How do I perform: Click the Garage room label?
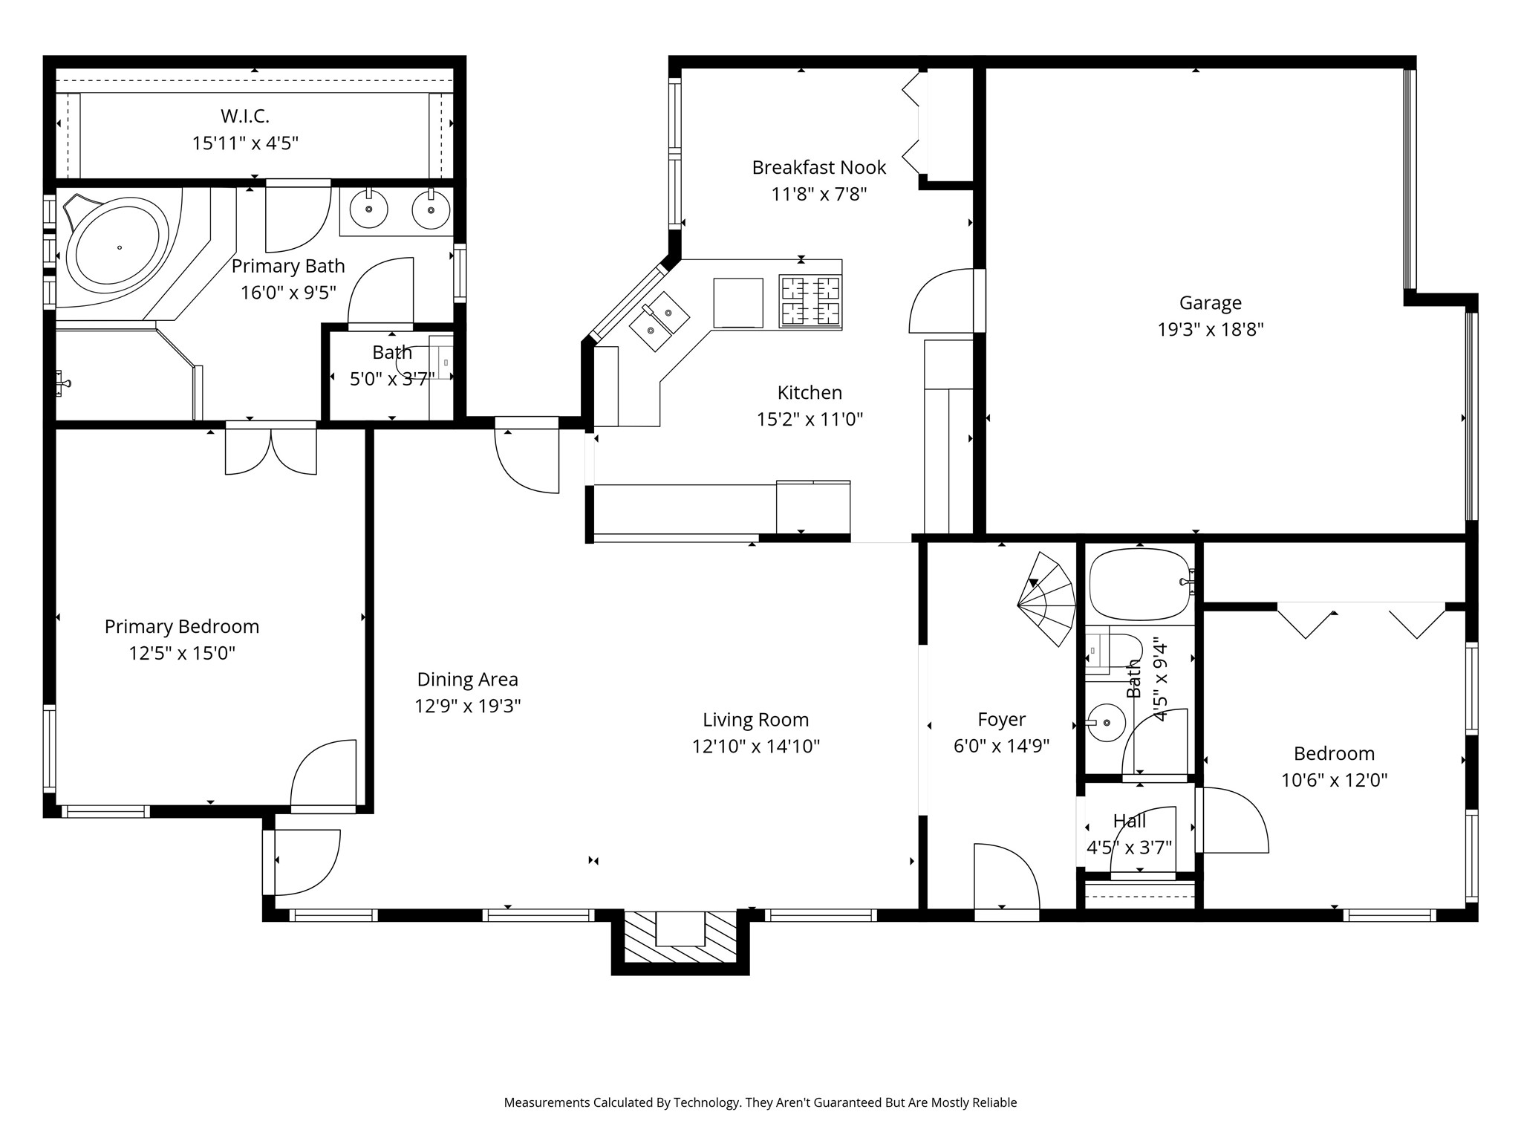1210,303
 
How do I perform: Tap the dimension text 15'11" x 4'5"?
245,143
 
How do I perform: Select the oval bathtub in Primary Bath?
117,246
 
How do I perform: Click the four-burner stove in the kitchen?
810,301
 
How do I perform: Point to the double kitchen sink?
659,321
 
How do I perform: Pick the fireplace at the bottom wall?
680,940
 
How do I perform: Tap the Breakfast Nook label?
819,167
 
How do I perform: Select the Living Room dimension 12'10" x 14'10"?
756,746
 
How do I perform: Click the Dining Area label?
468,679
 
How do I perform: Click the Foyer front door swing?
1006,877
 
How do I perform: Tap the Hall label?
1130,821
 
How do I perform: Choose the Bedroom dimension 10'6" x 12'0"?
1335,780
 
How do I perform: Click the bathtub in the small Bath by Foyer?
1141,585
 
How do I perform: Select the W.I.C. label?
245,116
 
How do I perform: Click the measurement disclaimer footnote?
760,1102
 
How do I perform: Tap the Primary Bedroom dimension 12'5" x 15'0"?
182,653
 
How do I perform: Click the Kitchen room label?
810,392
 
